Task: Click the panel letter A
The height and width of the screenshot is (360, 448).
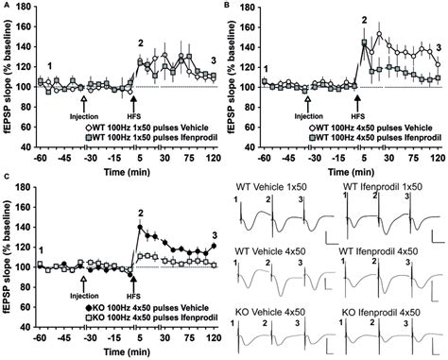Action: [x=6, y=6]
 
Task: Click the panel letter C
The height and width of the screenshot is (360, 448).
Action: [x=6, y=188]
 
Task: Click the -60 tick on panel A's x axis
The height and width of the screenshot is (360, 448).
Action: [x=38, y=147]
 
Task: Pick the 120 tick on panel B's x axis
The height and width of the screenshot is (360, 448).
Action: [x=439, y=147]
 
